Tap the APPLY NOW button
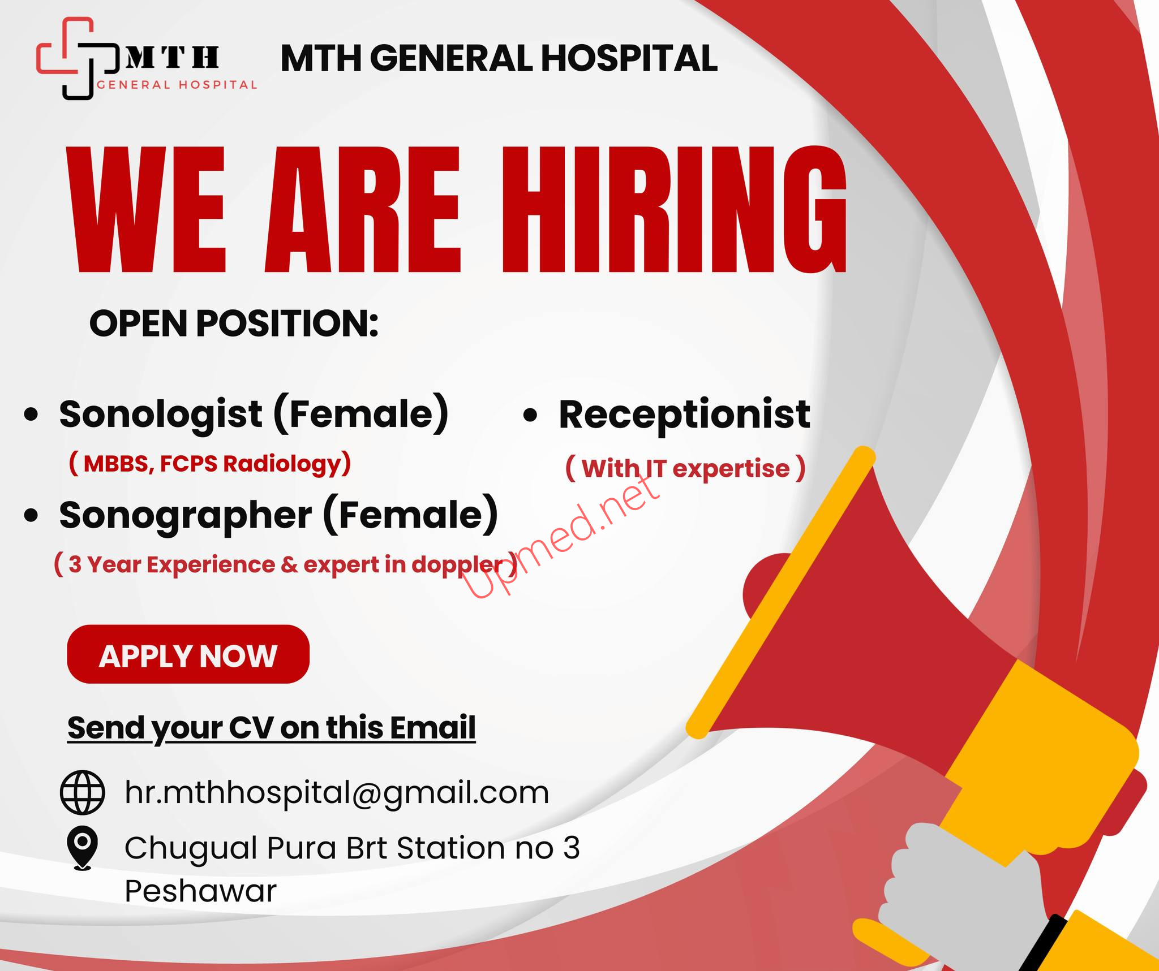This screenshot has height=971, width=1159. (188, 654)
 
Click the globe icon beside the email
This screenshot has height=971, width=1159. (83, 792)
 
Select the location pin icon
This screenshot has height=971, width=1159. (83, 848)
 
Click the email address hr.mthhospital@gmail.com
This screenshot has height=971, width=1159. (337, 793)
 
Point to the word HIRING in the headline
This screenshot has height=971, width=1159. (674, 209)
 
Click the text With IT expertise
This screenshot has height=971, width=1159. (686, 469)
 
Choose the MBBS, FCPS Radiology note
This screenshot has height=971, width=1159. (210, 464)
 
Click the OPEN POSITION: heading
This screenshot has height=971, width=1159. (234, 324)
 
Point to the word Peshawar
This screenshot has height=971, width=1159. (201, 892)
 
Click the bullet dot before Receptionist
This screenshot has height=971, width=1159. (530, 416)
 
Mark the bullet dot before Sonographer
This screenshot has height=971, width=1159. (32, 516)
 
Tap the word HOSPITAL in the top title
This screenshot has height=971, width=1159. (629, 58)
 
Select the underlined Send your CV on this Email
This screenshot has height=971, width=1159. (272, 728)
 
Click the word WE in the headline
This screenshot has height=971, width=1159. (147, 209)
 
